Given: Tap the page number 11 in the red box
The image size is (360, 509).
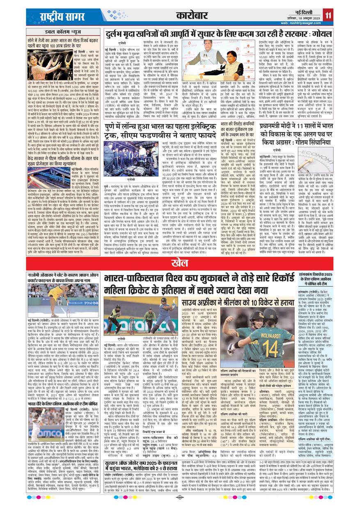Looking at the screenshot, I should point(329,16).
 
